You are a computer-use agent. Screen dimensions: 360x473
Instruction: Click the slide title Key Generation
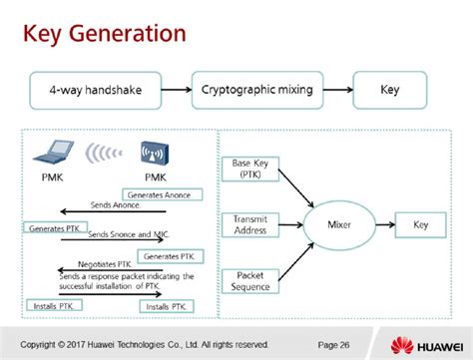click(x=105, y=34)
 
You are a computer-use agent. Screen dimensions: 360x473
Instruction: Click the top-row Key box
click(x=390, y=89)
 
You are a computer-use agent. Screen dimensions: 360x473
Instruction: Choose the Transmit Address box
click(x=249, y=223)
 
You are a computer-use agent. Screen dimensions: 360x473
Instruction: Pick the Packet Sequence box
click(x=249, y=280)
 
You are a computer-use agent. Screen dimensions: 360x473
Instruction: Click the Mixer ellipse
click(x=339, y=224)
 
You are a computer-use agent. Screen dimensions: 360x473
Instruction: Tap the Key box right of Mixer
click(x=421, y=224)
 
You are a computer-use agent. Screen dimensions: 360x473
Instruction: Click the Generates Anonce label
click(x=163, y=194)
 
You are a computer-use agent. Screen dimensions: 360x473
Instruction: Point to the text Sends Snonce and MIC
click(x=125, y=234)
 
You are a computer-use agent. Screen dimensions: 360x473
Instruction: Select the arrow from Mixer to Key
click(x=383, y=224)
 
